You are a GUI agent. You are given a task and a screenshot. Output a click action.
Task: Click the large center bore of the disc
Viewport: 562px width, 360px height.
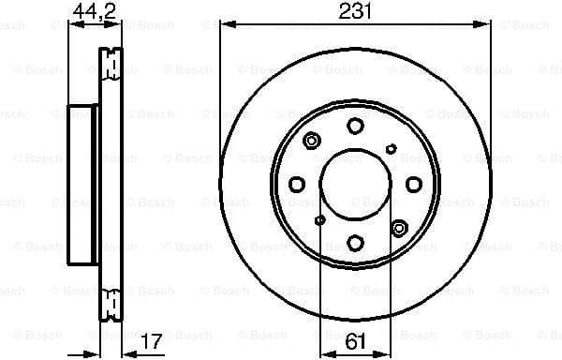pyautogui.click(x=355, y=185)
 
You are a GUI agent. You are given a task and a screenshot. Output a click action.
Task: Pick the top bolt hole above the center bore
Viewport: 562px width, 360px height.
pyautogui.click(x=355, y=127)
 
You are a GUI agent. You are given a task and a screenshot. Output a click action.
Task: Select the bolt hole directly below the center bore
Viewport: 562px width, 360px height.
pyautogui.click(x=355, y=243)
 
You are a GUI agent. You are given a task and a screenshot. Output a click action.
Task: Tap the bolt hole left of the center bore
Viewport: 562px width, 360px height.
pyautogui.click(x=297, y=185)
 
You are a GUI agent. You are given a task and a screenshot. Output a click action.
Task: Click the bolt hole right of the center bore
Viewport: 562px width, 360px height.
pyautogui.click(x=413, y=185)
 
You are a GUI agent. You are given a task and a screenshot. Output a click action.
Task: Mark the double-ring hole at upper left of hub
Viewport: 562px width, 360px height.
pyautogui.click(x=312, y=142)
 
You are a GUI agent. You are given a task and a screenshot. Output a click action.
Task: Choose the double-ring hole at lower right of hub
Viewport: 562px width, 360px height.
pyautogui.click(x=400, y=227)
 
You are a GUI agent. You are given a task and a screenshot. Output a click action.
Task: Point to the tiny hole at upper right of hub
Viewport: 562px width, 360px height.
pyautogui.click(x=392, y=148)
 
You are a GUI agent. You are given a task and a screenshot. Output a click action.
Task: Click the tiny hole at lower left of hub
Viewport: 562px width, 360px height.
pyautogui.click(x=320, y=220)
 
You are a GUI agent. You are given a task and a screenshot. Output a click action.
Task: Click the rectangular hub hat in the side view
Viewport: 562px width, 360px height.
pyautogui.click(x=83, y=185)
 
